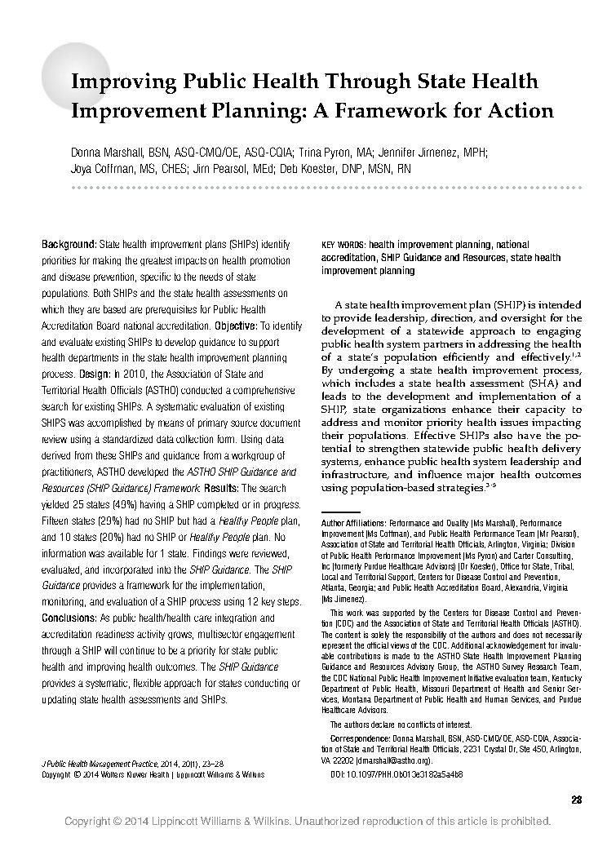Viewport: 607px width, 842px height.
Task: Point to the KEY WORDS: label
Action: click(x=343, y=244)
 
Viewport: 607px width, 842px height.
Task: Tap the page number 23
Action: click(x=576, y=799)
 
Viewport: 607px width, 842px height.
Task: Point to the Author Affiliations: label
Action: click(x=354, y=521)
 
